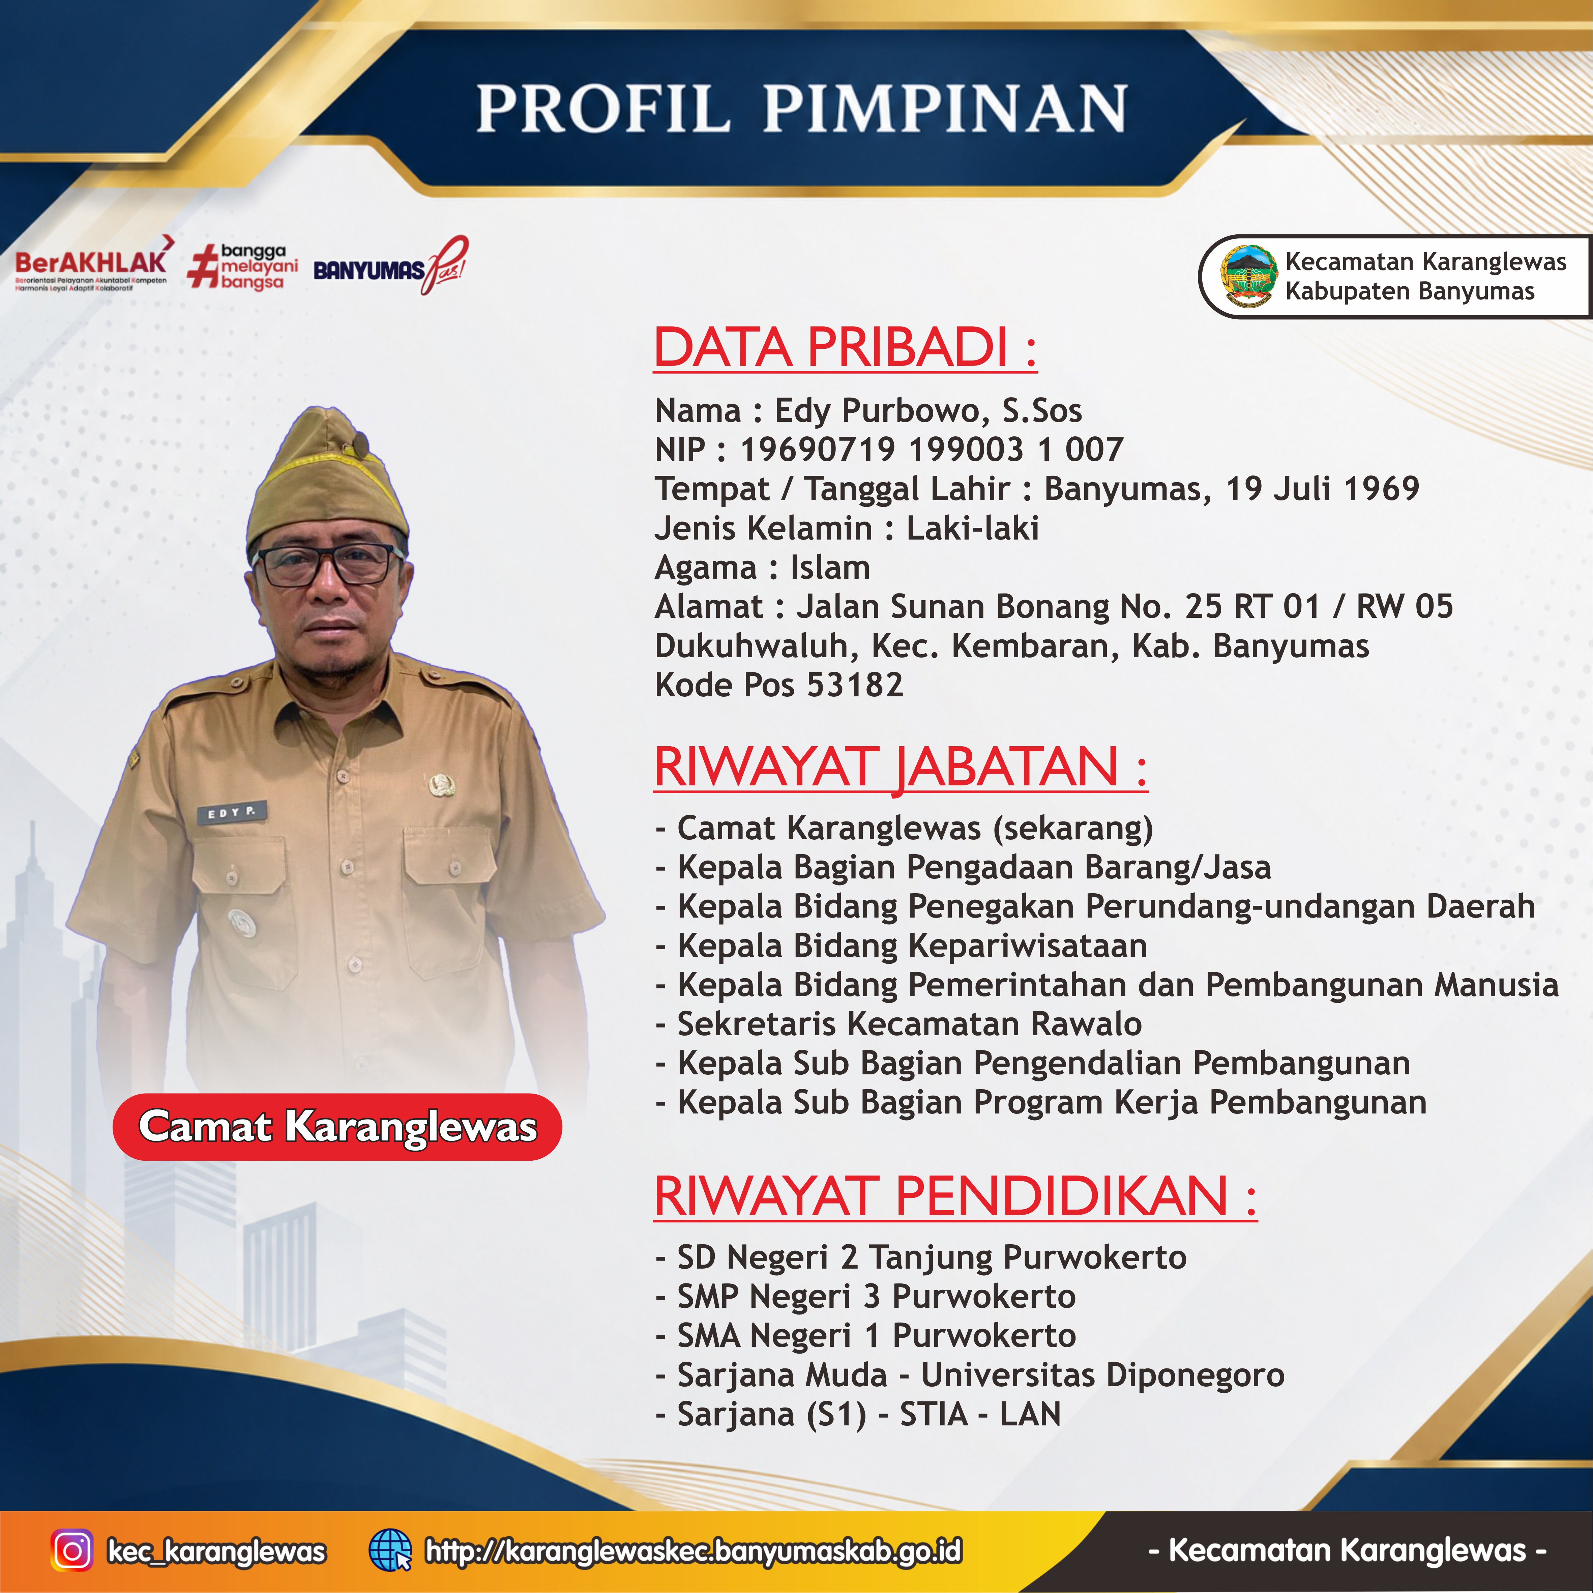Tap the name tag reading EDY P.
point(232,813)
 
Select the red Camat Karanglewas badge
point(337,1127)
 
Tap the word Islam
point(830,568)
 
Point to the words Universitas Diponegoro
point(1102,1375)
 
